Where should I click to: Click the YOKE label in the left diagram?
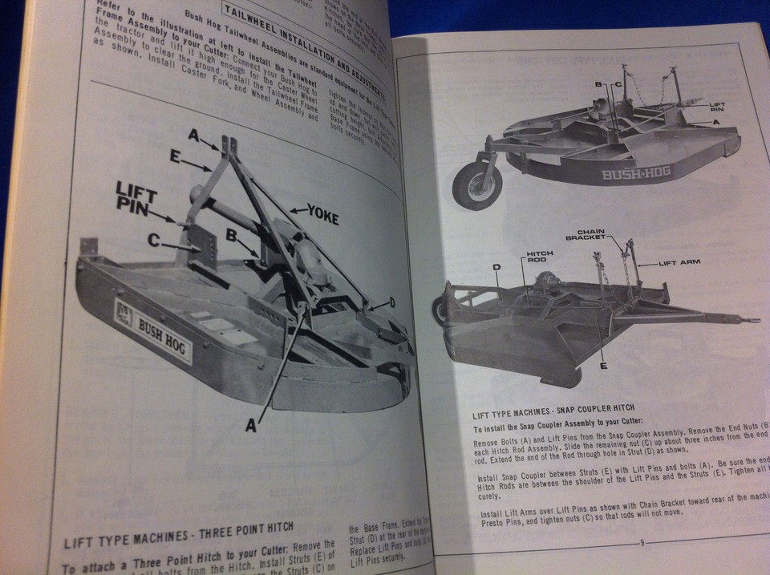coord(315,215)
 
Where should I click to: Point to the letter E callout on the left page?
coord(175,158)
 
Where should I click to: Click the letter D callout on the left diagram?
coord(392,302)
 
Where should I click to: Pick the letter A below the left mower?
coord(251,427)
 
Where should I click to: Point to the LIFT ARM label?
coord(679,263)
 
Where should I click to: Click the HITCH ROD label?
coord(540,256)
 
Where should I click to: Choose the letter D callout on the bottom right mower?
coord(497,267)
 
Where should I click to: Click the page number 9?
coord(642,543)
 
